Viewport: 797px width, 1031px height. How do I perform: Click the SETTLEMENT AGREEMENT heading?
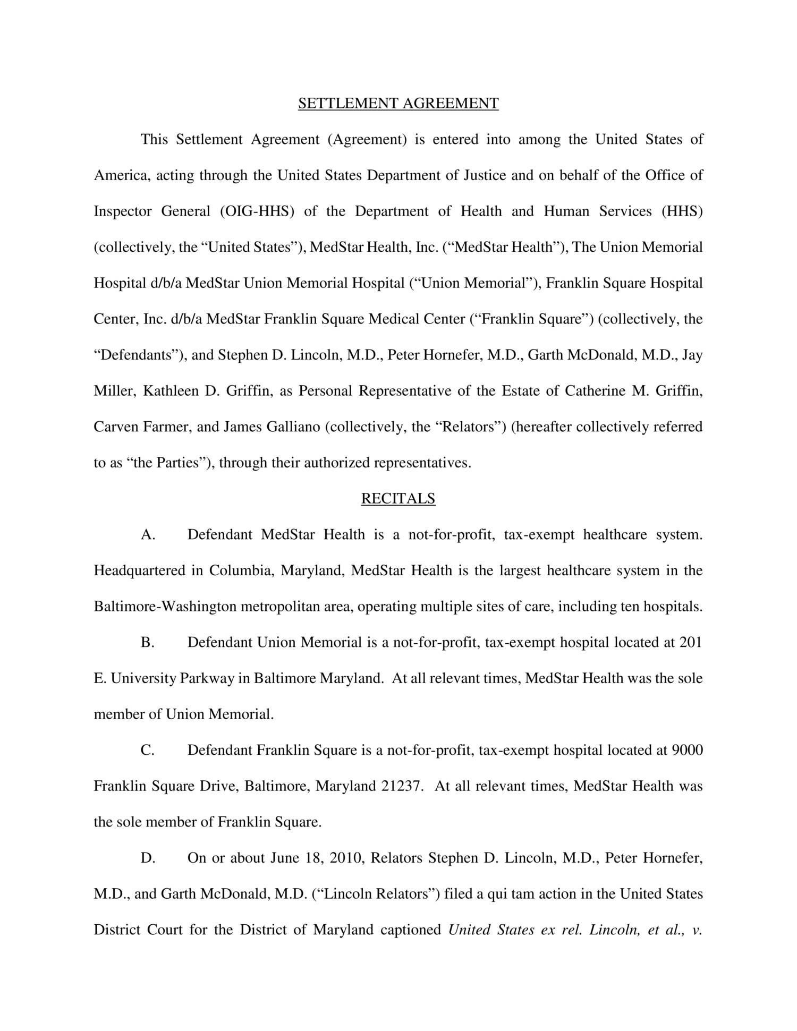tap(398, 103)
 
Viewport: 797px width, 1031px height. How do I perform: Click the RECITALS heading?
tap(398, 498)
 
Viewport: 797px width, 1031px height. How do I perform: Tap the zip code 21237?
tap(402, 786)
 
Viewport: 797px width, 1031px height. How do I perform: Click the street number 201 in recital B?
tap(691, 642)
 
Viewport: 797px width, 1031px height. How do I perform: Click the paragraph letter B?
tap(147, 642)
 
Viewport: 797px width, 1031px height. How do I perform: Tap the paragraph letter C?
tap(147, 750)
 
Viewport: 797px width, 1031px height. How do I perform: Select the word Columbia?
tap(241, 570)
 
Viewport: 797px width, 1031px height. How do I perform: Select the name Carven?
tap(116, 427)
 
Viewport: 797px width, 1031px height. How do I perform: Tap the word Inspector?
tap(122, 211)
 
